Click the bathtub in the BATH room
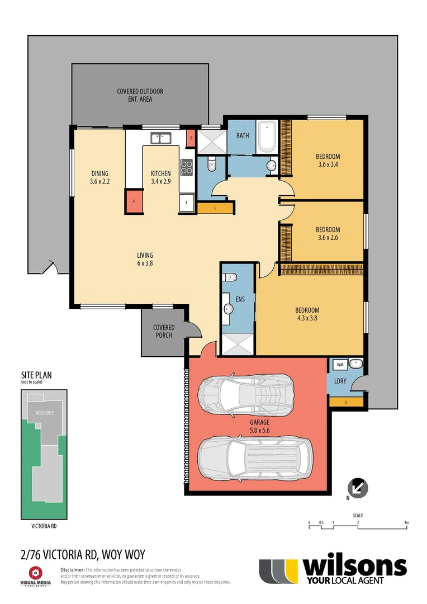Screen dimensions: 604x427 click(x=266, y=136)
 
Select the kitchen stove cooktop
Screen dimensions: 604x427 click(x=186, y=166)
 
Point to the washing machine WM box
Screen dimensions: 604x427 click(x=340, y=365)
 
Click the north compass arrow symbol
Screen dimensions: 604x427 click(x=357, y=487)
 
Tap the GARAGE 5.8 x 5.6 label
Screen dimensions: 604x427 click(x=260, y=427)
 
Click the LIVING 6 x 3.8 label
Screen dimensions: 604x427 click(x=145, y=259)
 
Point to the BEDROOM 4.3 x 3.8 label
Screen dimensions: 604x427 click(x=307, y=314)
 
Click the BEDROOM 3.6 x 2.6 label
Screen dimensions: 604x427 click(x=328, y=233)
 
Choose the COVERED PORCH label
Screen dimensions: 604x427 click(x=164, y=331)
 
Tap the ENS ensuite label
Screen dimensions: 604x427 click(x=240, y=300)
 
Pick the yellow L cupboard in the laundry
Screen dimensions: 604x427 click(x=346, y=402)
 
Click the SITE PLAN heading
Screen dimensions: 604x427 click(x=36, y=375)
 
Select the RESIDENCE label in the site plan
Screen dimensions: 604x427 click(x=45, y=413)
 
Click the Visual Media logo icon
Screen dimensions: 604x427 click(x=35, y=573)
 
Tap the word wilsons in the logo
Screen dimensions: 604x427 click(x=354, y=567)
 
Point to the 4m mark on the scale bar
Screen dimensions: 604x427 click(x=406, y=523)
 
